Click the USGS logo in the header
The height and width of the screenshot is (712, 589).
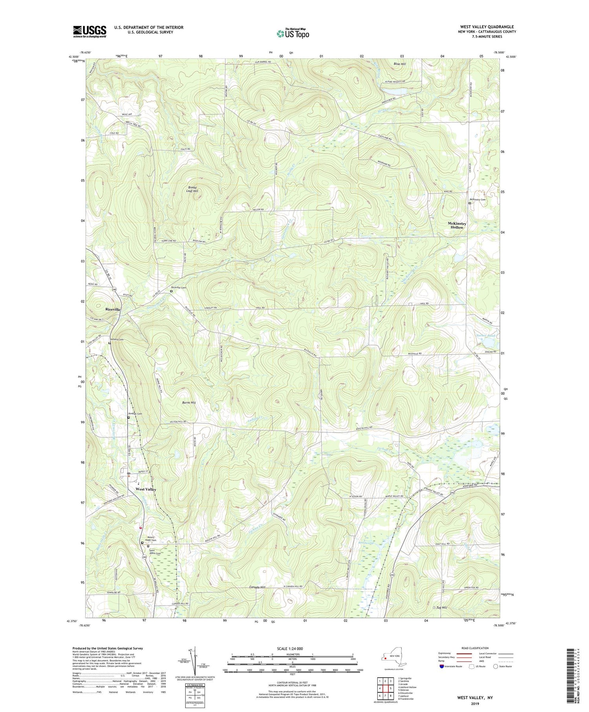pos(90,31)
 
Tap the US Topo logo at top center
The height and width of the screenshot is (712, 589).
pos(293,33)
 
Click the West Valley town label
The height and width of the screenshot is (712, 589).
pos(146,489)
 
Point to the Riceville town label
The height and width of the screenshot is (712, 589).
pos(110,309)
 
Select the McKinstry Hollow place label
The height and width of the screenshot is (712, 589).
pos(457,225)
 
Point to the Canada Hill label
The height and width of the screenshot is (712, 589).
pos(257,588)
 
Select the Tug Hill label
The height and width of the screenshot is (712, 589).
pos(442,608)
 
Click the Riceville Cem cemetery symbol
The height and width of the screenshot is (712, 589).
pos(171,291)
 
